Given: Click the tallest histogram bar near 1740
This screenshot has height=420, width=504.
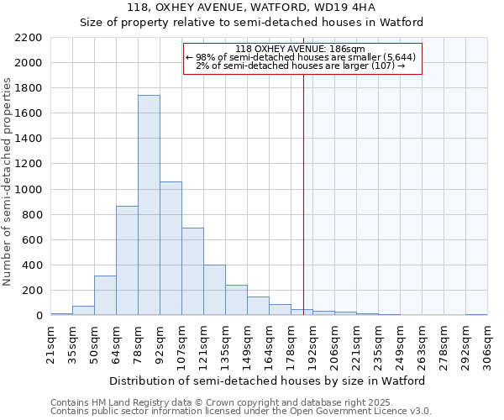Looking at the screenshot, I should pyautogui.click(x=149, y=206).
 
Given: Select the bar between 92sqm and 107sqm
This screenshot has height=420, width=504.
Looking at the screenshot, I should pyautogui.click(x=171, y=249).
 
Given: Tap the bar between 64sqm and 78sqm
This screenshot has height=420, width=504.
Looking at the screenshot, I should pyautogui.click(x=127, y=260).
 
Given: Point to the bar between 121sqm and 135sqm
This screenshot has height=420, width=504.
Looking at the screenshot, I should pyautogui.click(x=214, y=290).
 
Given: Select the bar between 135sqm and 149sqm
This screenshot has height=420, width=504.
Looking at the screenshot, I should pyautogui.click(x=236, y=300).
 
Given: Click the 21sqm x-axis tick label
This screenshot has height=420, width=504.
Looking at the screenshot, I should pyautogui.click(x=51, y=344).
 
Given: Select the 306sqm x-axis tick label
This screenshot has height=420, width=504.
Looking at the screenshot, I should pyautogui.click(x=487, y=344).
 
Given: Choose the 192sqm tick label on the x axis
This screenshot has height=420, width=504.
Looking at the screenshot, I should pyautogui.click(x=312, y=344).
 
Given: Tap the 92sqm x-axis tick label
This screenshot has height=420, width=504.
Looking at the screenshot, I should pyautogui.click(x=160, y=344).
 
